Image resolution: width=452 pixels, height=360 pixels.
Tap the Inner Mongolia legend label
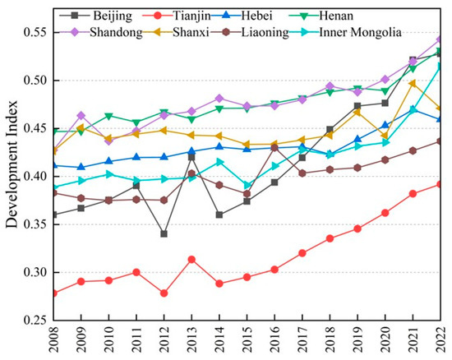pyautogui.click(x=360, y=32)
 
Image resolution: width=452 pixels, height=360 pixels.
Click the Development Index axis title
pyautogui.click(x=12, y=164)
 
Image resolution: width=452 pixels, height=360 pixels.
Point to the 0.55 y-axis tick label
pyautogui.click(x=35, y=32)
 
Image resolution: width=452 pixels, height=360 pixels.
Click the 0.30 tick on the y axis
pyautogui.click(x=35, y=272)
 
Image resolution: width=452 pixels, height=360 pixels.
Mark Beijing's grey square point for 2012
pyautogui.click(x=164, y=233)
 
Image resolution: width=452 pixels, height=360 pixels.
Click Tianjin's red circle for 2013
pyautogui.click(x=191, y=260)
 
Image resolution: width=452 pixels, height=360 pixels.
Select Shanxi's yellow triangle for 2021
pyautogui.click(x=413, y=84)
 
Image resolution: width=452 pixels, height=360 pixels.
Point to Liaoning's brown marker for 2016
pyautogui.click(x=274, y=148)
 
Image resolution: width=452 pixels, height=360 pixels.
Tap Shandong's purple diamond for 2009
pyautogui.click(x=81, y=116)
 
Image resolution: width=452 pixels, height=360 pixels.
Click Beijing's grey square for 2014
pyautogui.click(x=219, y=215)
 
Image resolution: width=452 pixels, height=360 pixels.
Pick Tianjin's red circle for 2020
pyautogui.click(x=385, y=213)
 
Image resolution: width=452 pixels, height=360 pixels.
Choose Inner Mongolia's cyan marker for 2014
pyautogui.click(x=220, y=162)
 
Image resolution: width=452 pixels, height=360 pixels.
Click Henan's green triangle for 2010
pyautogui.click(x=108, y=117)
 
